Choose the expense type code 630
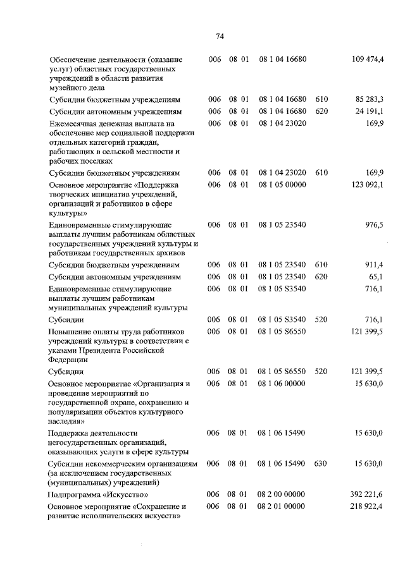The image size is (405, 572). coord(320,463)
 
